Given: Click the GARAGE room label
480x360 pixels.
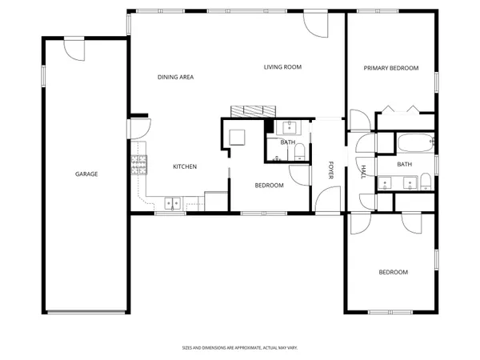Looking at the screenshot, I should [x=86, y=174].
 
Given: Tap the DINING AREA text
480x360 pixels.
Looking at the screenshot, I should [x=175, y=78].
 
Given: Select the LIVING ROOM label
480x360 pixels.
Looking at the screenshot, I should [x=282, y=67].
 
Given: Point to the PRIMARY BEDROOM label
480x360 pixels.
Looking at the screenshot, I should [x=391, y=68].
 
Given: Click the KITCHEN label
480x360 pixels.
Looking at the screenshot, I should [x=185, y=166].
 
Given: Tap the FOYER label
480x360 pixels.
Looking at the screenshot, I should [x=331, y=170].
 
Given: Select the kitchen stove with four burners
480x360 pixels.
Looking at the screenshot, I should [x=139, y=166].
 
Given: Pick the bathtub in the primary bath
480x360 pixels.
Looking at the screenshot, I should [x=415, y=144].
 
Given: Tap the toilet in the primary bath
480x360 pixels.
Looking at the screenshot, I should [x=427, y=180].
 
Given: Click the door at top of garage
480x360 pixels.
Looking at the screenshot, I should [x=75, y=50].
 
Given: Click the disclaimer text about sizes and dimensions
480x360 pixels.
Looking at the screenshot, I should [x=239, y=348].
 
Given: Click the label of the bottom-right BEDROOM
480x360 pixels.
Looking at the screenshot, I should [x=393, y=272].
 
